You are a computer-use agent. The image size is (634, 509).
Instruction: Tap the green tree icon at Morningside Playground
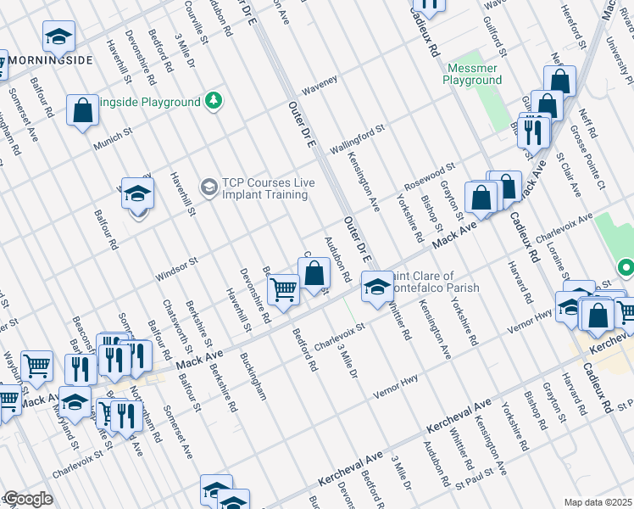pyautogui.click(x=215, y=102)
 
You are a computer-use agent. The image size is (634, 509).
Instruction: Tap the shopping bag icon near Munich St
pyautogui.click(x=82, y=111)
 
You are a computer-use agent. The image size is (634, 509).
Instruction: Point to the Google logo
pyautogui.click(x=27, y=499)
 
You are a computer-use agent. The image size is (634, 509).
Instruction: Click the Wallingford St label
pyautogui.click(x=357, y=138)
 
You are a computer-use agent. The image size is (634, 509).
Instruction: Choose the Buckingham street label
pyautogui.click(x=253, y=377)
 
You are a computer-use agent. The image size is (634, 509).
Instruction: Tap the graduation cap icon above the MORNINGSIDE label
pyautogui.click(x=58, y=36)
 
